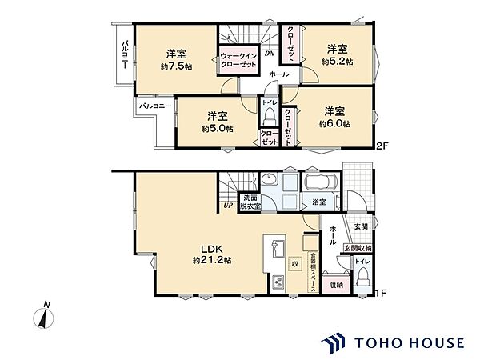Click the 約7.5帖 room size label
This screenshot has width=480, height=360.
coord(176,66)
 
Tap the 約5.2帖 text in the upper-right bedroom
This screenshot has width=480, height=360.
coord(337,62)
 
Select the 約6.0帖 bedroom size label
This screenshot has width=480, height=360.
coord(334,124)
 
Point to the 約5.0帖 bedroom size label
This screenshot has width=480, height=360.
coord(218,129)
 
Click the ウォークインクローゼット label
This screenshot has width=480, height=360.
coord(238,60)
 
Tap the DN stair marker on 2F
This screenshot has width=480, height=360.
coord(270,54)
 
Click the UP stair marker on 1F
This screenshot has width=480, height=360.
coord(228,206)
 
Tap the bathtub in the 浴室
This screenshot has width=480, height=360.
coord(320,182)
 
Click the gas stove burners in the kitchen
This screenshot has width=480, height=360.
coord(278,282)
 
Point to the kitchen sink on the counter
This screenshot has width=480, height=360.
coord(278,249)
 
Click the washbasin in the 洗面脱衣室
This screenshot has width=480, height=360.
coord(270,178)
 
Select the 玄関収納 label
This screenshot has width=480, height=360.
coord(358,248)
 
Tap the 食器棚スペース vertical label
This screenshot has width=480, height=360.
coord(313,272)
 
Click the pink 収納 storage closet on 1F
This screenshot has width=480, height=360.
coord(337,285)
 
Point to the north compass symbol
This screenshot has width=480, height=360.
coord(43,316)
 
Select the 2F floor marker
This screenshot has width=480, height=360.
coord(382,146)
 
